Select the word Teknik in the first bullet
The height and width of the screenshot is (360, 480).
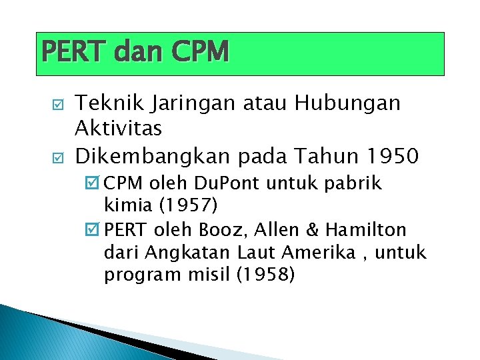105,103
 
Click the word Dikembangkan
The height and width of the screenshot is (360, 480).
169,157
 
